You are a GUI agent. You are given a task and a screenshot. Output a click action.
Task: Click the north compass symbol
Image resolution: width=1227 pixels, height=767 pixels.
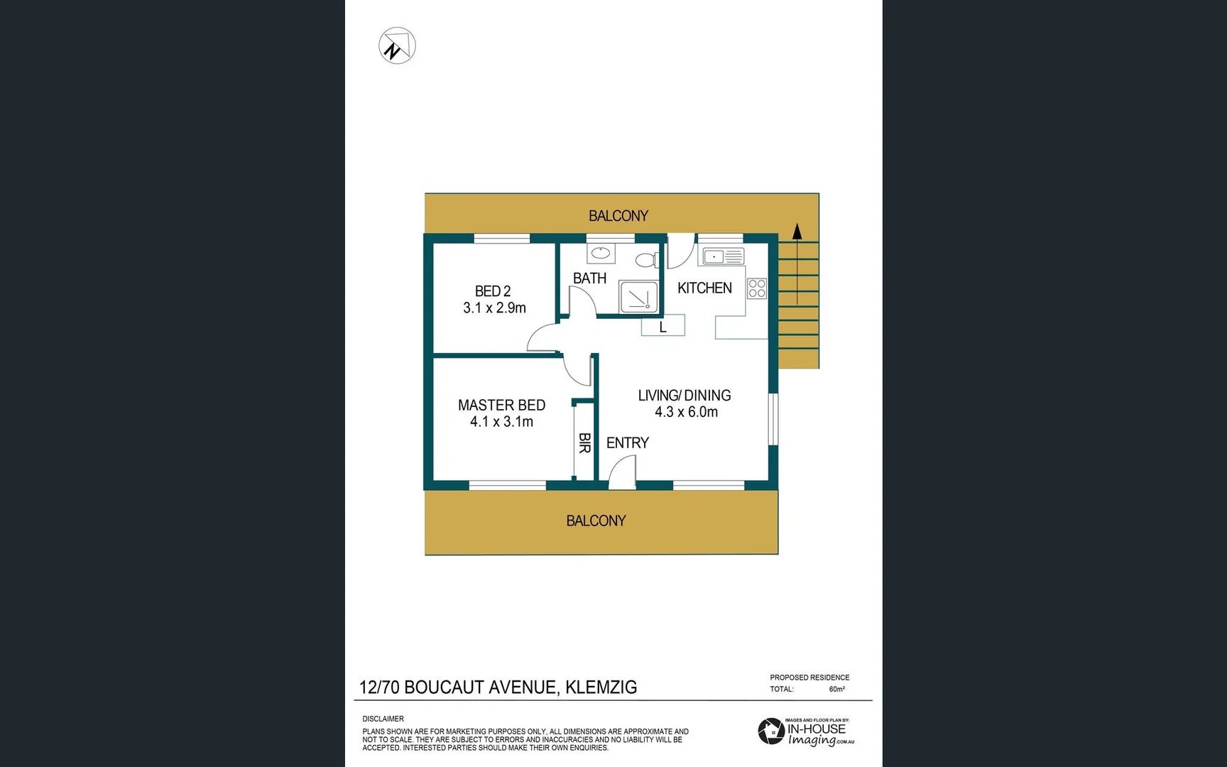click(x=397, y=46)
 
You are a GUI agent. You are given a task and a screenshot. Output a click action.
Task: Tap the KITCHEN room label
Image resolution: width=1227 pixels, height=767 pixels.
click(x=704, y=288)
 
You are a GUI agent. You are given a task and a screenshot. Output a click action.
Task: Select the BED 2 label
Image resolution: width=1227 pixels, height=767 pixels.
click(x=493, y=291)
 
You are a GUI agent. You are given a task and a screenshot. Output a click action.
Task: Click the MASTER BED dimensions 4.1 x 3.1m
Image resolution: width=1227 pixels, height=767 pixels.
click(x=501, y=422)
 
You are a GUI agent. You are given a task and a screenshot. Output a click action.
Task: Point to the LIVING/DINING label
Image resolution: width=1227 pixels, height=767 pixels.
click(x=684, y=396)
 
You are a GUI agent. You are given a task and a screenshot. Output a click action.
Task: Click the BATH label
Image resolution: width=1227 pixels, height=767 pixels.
click(x=589, y=278)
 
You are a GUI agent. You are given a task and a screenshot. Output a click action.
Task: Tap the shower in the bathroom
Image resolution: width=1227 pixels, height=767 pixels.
click(x=638, y=297)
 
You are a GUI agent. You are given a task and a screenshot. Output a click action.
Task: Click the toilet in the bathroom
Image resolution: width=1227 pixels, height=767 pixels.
click(x=646, y=260)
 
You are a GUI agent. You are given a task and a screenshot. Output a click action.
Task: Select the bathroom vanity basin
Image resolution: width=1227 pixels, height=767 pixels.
click(x=601, y=252)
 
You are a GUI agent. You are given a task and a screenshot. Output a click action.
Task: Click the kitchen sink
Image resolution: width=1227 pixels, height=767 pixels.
click(x=723, y=256)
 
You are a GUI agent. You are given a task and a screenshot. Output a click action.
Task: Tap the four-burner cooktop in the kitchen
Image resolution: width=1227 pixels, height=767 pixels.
click(x=757, y=288)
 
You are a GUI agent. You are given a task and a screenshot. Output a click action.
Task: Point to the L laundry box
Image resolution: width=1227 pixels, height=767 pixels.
click(x=663, y=327)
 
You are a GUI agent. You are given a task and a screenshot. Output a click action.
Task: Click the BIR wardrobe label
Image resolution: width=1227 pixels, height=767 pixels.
click(x=584, y=443)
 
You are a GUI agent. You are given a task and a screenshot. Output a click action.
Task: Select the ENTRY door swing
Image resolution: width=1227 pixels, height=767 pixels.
click(x=623, y=472)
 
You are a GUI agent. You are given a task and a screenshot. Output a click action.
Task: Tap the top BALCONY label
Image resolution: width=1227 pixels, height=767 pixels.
click(x=618, y=216)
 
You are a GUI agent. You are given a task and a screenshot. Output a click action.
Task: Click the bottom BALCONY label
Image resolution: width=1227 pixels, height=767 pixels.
click(x=596, y=521)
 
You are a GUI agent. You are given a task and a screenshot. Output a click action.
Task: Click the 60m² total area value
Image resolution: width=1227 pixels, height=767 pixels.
click(x=837, y=689)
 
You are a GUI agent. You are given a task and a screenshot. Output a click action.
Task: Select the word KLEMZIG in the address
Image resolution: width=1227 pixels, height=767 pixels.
click(x=601, y=687)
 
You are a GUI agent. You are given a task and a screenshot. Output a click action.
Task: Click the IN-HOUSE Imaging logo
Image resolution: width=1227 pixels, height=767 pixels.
click(x=806, y=732)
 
